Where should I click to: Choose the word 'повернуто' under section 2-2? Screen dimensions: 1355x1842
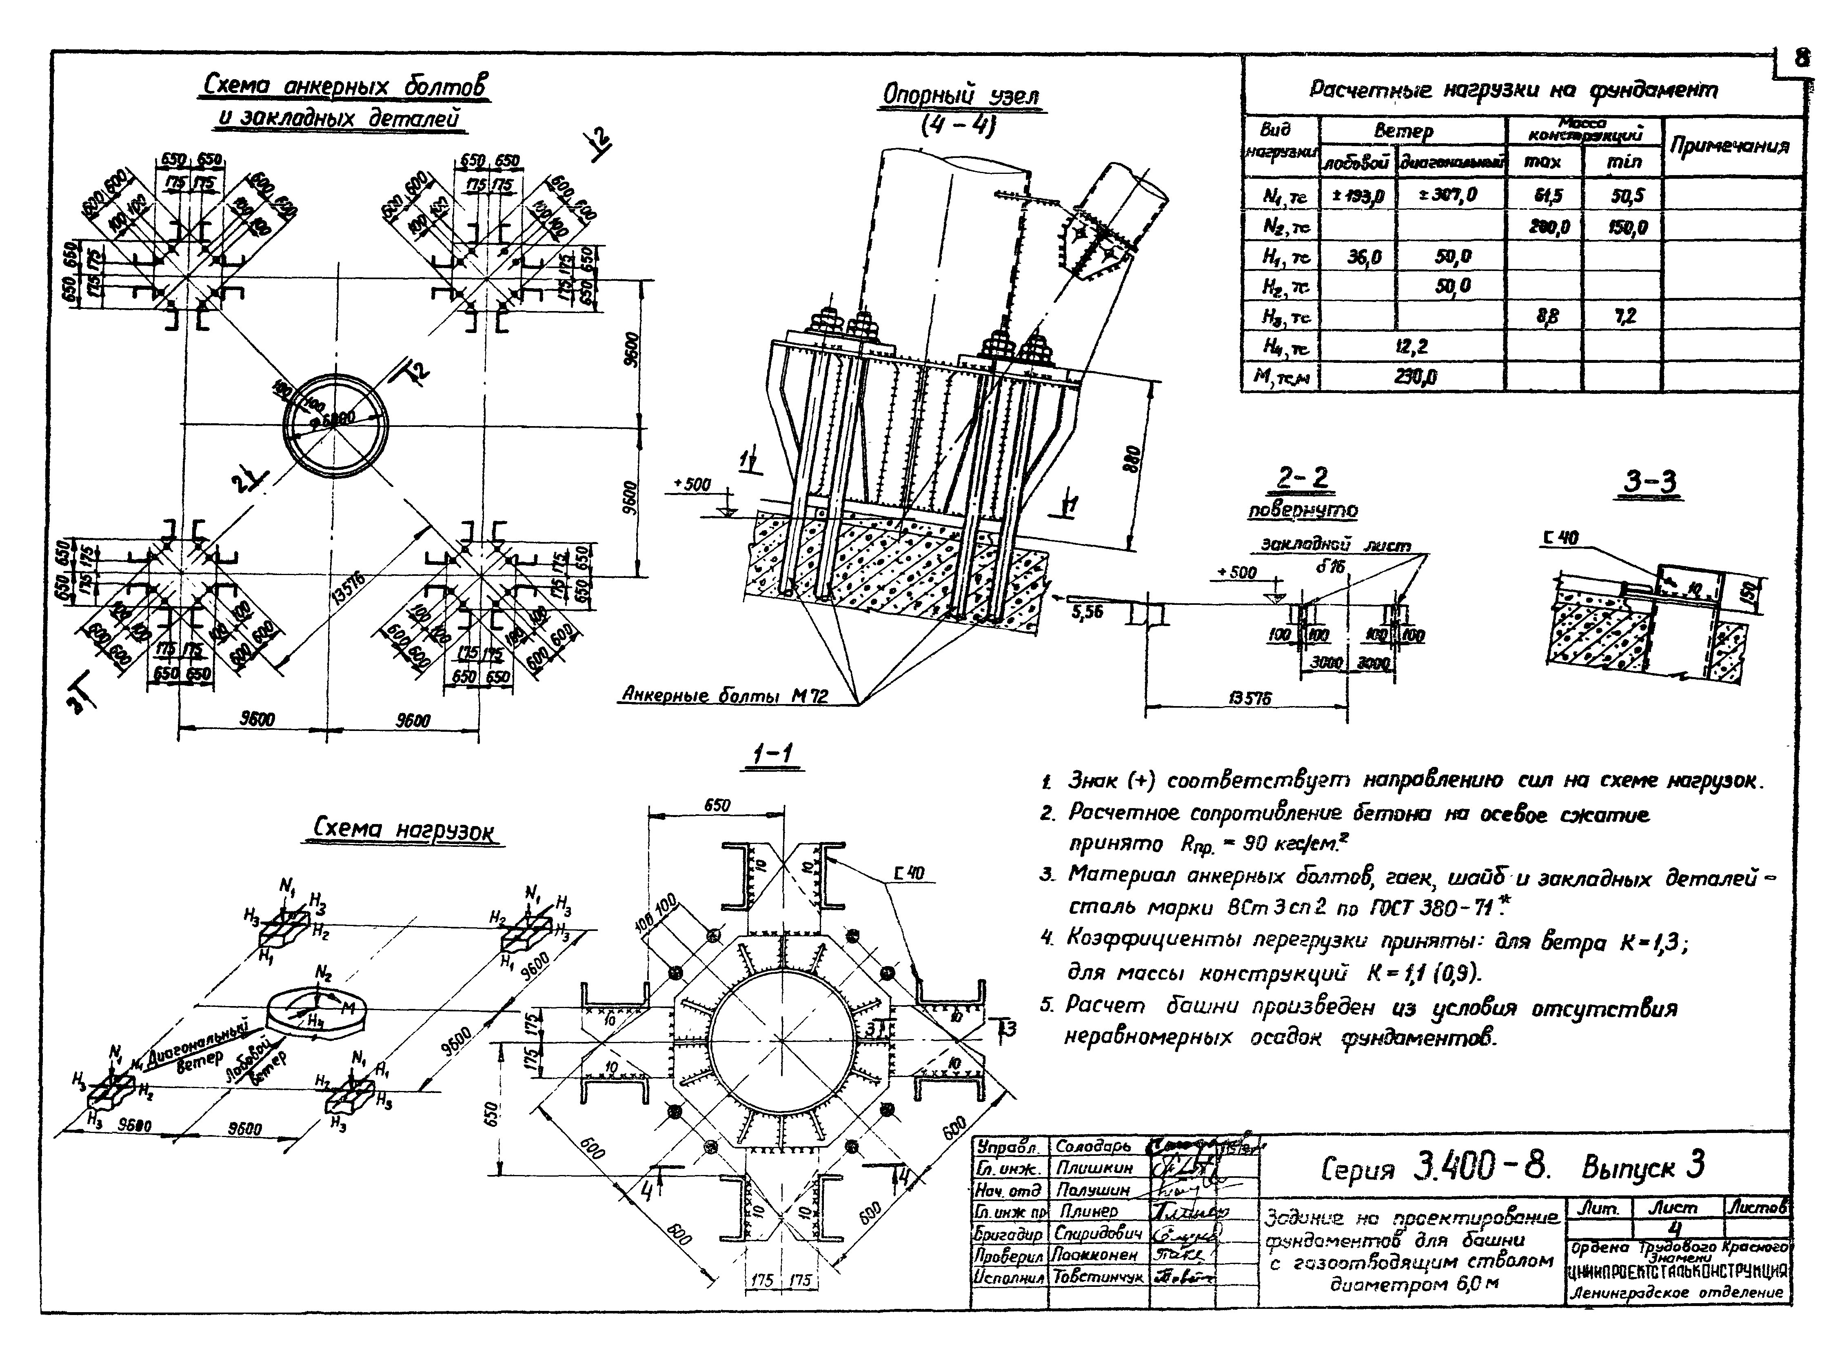coord(1303,510)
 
